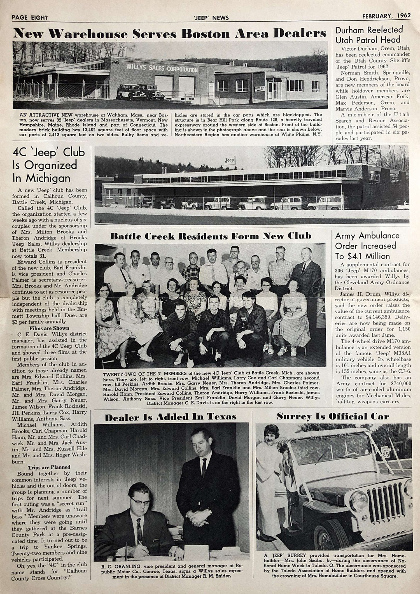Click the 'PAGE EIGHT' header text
(30, 18)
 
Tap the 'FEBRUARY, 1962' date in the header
(386, 16)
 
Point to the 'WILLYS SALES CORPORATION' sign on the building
(162, 68)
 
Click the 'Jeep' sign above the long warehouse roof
(229, 160)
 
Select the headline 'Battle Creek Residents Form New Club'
(211, 236)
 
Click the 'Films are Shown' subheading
(49, 328)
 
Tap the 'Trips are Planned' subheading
(49, 467)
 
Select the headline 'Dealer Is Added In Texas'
(171, 417)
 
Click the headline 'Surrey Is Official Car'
(333, 416)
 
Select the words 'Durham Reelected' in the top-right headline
(369, 30)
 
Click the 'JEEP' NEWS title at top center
(211, 18)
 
